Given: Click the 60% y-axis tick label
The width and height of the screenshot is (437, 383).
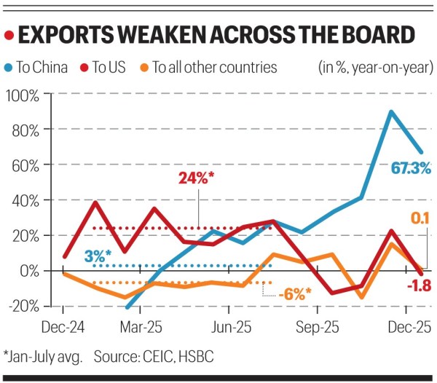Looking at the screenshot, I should pos(25,165).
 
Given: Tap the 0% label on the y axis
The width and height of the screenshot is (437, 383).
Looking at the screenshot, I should pos(29,271).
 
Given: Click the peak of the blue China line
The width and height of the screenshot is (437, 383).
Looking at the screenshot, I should pos(392,111).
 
